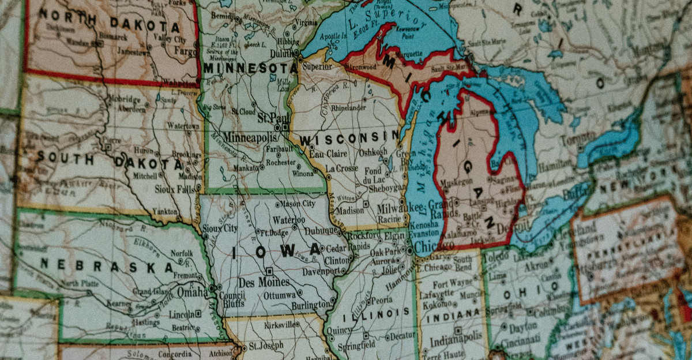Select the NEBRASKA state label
click(107, 266)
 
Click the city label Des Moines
click(264, 282)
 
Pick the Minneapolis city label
click(249, 138)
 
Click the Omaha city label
click(192, 292)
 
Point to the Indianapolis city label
click(457, 340)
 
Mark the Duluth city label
click(283, 53)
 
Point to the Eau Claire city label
click(328, 154)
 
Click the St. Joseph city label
click(266, 345)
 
